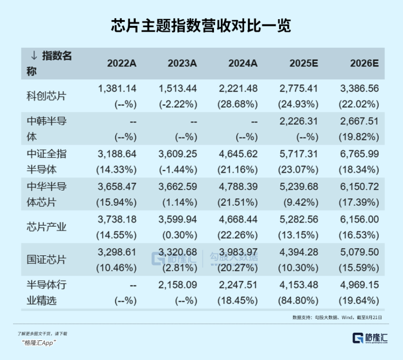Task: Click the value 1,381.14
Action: [117, 89]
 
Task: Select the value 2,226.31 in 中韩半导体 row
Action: [299, 121]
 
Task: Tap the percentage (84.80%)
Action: [299, 301]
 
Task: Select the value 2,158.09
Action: [178, 285]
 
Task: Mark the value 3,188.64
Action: [117, 154]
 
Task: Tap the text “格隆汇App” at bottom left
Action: [39, 343]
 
